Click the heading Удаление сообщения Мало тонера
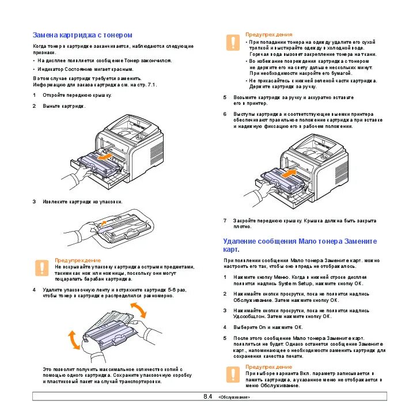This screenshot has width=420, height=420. (x=300, y=241)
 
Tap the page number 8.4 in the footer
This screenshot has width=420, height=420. (x=208, y=397)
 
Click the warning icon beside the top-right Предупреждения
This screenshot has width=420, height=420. (x=233, y=42)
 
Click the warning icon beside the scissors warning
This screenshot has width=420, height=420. (x=41, y=267)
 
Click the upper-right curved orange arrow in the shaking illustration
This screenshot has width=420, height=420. (x=139, y=312)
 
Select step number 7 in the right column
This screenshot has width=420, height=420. (x=225, y=220)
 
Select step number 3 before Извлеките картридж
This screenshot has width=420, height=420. (x=34, y=202)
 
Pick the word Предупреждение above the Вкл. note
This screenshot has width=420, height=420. (x=268, y=366)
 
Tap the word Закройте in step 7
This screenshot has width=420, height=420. (x=244, y=220)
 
